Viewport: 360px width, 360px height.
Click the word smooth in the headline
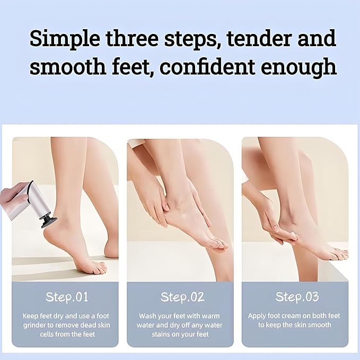point(68,67)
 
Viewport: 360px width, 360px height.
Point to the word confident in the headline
point(207,67)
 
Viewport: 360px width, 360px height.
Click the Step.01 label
point(67,297)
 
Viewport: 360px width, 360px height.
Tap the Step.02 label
point(182,297)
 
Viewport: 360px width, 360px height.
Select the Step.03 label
point(297,297)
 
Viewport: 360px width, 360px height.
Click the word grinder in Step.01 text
point(34,326)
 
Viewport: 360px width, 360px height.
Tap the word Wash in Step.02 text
point(148,316)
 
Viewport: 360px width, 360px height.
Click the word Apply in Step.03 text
point(257,316)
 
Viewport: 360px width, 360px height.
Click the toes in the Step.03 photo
point(338,253)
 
